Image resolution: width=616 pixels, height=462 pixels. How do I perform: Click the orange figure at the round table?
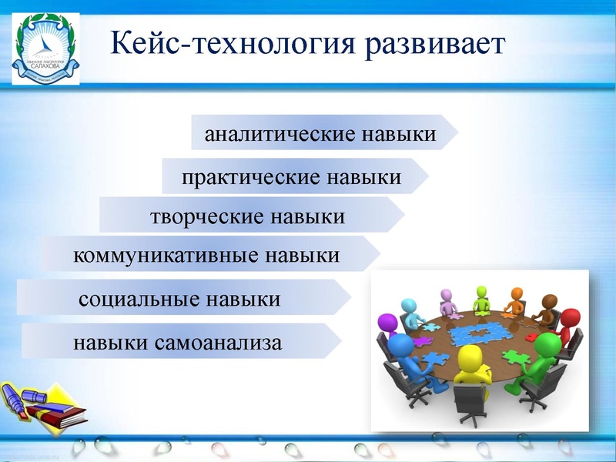(516, 300)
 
